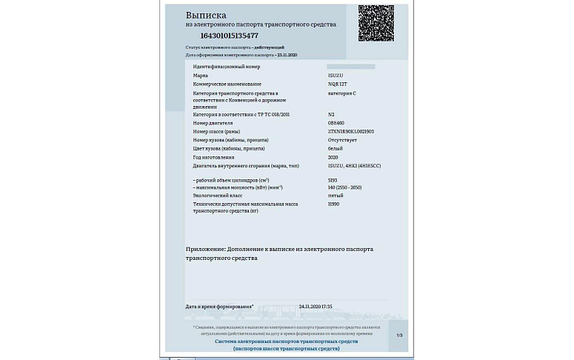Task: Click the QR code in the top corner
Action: [x=376, y=23]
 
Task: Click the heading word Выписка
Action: [x=206, y=15]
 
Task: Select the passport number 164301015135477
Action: [x=229, y=36]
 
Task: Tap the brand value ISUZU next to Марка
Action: [x=336, y=76]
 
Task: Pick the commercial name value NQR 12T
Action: [x=338, y=84]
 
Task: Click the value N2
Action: [x=331, y=115]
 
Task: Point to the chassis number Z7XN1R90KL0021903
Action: [x=351, y=132]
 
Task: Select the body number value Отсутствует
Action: [x=342, y=140]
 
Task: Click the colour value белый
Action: [x=336, y=149]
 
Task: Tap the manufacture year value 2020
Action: [x=333, y=157]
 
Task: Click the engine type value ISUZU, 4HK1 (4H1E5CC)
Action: [x=354, y=166]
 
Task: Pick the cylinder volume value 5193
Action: [x=333, y=180]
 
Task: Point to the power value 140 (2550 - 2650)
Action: [x=345, y=187]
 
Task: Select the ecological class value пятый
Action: [x=336, y=196]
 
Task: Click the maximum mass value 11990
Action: [x=334, y=204]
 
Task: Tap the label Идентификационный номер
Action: [x=227, y=67]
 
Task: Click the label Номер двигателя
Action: [x=213, y=123]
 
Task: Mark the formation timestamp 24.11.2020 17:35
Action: [x=316, y=306]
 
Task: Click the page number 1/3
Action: [x=399, y=336]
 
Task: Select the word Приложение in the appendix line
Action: [x=206, y=250]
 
